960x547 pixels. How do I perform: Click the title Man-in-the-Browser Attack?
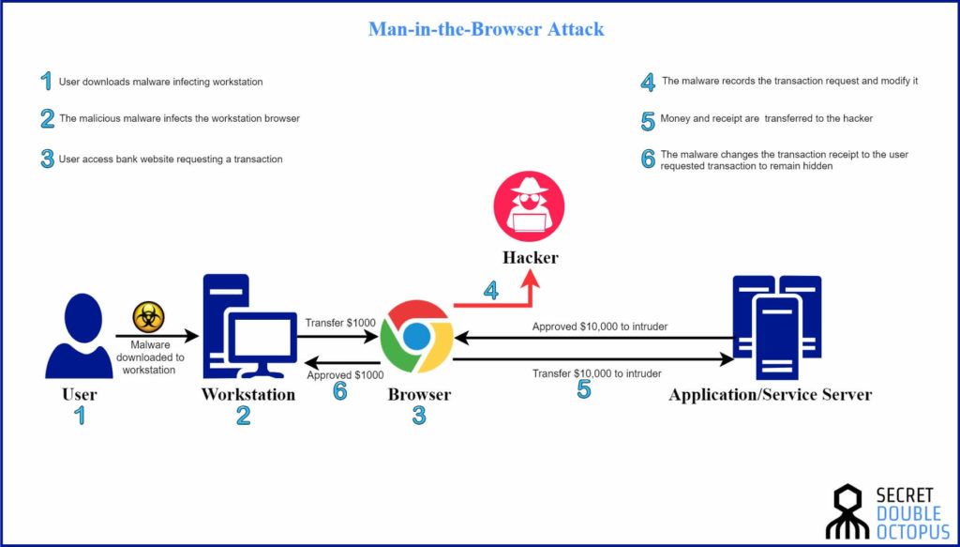point(486,29)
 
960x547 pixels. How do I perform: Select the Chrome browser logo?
point(416,337)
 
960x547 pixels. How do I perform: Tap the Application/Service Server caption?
point(770,395)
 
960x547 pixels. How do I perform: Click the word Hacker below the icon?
point(529,256)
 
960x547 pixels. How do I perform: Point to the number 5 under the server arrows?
point(583,389)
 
